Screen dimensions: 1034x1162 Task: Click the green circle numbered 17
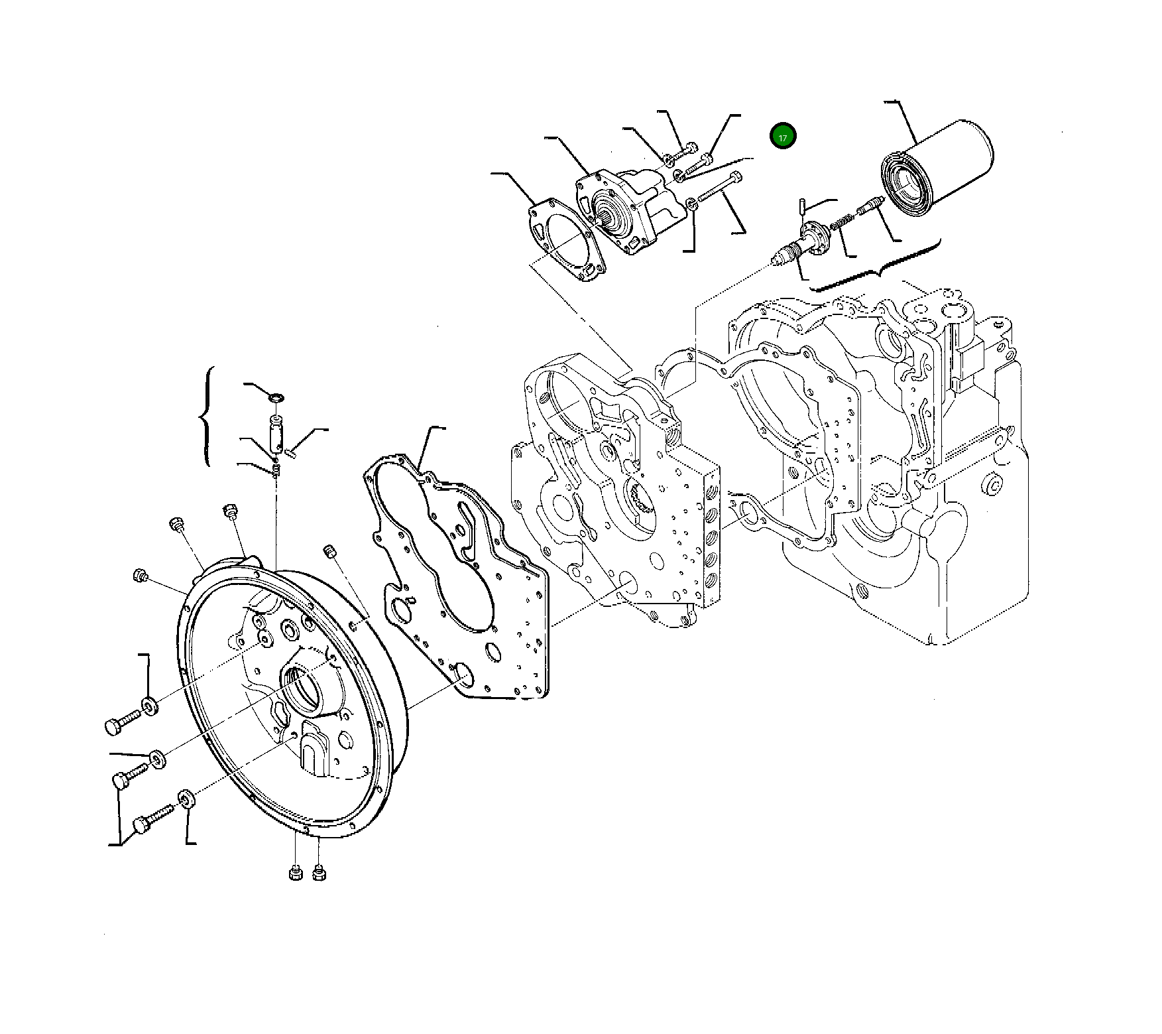(783, 137)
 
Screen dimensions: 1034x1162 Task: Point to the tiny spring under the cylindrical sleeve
(276, 470)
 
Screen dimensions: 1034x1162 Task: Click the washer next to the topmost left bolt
(149, 705)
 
